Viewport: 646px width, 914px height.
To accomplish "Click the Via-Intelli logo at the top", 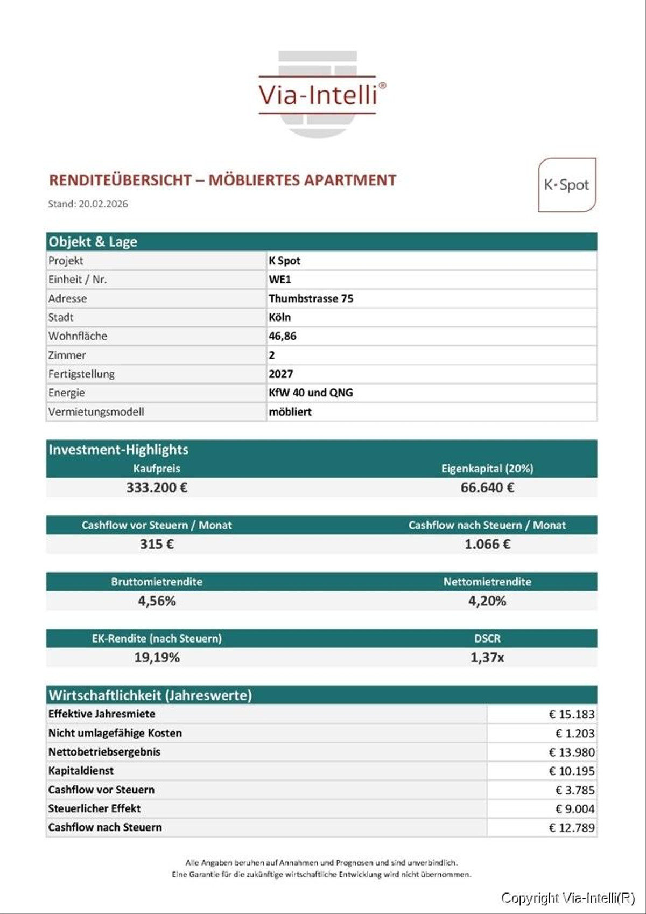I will pyautogui.click(x=318, y=95).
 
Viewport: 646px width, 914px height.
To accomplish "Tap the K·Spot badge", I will pyautogui.click(x=567, y=185).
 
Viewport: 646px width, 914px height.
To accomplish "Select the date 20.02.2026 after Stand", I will pyautogui.click(x=103, y=204).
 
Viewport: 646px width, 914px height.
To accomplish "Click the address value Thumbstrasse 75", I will pyautogui.click(x=311, y=298).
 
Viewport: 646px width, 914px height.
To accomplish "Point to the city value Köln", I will pyautogui.click(x=280, y=317).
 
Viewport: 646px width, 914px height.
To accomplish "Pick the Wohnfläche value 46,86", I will pyautogui.click(x=283, y=336).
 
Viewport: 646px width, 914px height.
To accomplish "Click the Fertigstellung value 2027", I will pyautogui.click(x=281, y=374).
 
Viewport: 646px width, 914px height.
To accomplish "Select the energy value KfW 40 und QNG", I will pyautogui.click(x=311, y=393).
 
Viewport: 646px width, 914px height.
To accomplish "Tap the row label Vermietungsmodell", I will pyautogui.click(x=96, y=412).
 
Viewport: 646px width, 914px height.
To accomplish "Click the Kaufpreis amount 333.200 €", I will pyautogui.click(x=157, y=487).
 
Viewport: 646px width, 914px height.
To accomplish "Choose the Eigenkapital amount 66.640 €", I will pyautogui.click(x=487, y=487).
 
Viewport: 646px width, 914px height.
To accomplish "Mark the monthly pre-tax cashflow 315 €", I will pyautogui.click(x=157, y=544).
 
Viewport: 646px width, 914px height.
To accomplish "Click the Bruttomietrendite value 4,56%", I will pyautogui.click(x=157, y=601).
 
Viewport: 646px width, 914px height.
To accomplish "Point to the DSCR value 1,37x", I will pyautogui.click(x=487, y=658).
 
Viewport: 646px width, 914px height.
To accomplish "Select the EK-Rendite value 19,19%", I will pyautogui.click(x=157, y=658).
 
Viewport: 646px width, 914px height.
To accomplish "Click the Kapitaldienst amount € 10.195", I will pyautogui.click(x=572, y=771).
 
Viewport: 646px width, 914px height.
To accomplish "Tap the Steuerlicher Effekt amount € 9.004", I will pyautogui.click(x=575, y=809).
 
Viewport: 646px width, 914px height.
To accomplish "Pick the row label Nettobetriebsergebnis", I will pyautogui.click(x=104, y=752).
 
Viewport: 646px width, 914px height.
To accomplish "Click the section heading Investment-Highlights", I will pyautogui.click(x=118, y=450).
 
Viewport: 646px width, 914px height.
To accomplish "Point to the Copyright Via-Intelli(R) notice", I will pyautogui.click(x=568, y=898).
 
